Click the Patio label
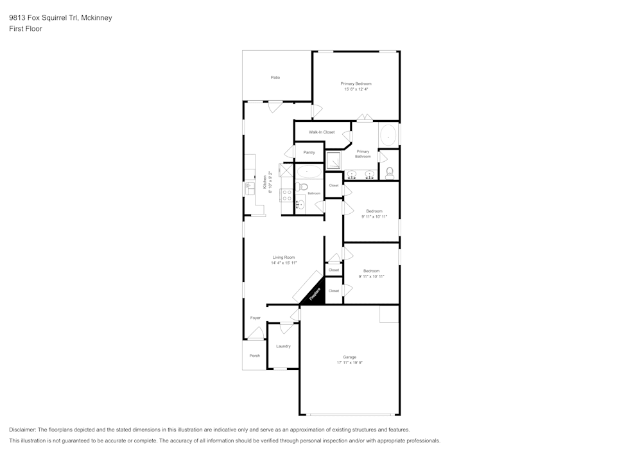pyautogui.click(x=275, y=77)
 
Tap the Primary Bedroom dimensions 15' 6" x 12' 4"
pyautogui.click(x=356, y=89)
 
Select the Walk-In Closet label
pyautogui.click(x=322, y=132)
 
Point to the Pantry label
pyautogui.click(x=309, y=152)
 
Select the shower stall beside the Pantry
pyautogui.click(x=333, y=161)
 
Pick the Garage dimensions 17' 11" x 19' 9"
pyautogui.click(x=350, y=363)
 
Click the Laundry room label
pyautogui.click(x=283, y=346)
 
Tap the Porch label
pyautogui.click(x=255, y=356)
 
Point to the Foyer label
pyautogui.click(x=255, y=318)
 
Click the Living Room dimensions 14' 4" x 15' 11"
pyautogui.click(x=284, y=263)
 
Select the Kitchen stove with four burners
pyautogui.click(x=286, y=195)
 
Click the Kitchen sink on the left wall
pyautogui.click(x=249, y=189)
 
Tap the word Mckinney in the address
pyautogui.click(x=96, y=17)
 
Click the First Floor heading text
pyautogui.click(x=26, y=29)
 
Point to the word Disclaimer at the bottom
pyautogui.click(x=22, y=430)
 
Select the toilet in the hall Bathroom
pyautogui.click(x=302, y=187)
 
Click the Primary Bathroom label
pyautogui.click(x=363, y=154)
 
